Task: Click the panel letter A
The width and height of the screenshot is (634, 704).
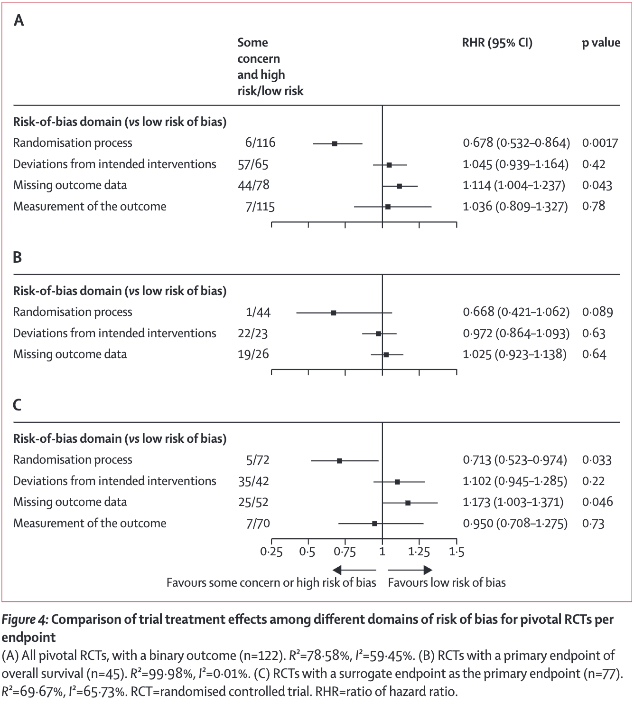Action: tap(19, 20)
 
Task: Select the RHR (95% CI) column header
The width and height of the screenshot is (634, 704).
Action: tap(497, 43)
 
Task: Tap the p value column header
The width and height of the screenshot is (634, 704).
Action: tap(601, 43)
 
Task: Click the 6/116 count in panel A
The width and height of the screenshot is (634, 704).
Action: tap(260, 143)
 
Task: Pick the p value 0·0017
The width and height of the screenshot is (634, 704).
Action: tap(600, 143)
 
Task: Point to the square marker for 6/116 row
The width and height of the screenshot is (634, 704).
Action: tap(335, 143)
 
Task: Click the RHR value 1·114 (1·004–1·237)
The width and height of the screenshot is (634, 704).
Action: tap(514, 185)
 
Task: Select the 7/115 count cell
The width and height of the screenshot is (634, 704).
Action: tap(260, 207)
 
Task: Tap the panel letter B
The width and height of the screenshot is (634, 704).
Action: tap(18, 257)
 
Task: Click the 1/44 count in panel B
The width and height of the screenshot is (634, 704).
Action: tap(258, 312)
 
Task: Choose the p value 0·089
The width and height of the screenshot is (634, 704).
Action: tap(597, 312)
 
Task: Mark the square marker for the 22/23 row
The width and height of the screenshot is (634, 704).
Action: tap(378, 333)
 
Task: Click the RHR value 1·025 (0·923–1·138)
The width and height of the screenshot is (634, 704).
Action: tap(514, 354)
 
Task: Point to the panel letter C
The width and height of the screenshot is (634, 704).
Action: tap(18, 405)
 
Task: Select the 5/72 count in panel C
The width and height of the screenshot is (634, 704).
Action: tap(258, 460)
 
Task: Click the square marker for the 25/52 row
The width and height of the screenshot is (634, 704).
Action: tap(408, 503)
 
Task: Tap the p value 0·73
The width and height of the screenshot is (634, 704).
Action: tap(593, 523)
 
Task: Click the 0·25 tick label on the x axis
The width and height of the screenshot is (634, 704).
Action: tap(271, 552)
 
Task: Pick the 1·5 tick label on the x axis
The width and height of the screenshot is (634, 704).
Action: tap(457, 552)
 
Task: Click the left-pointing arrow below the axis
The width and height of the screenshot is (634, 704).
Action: tap(354, 570)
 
